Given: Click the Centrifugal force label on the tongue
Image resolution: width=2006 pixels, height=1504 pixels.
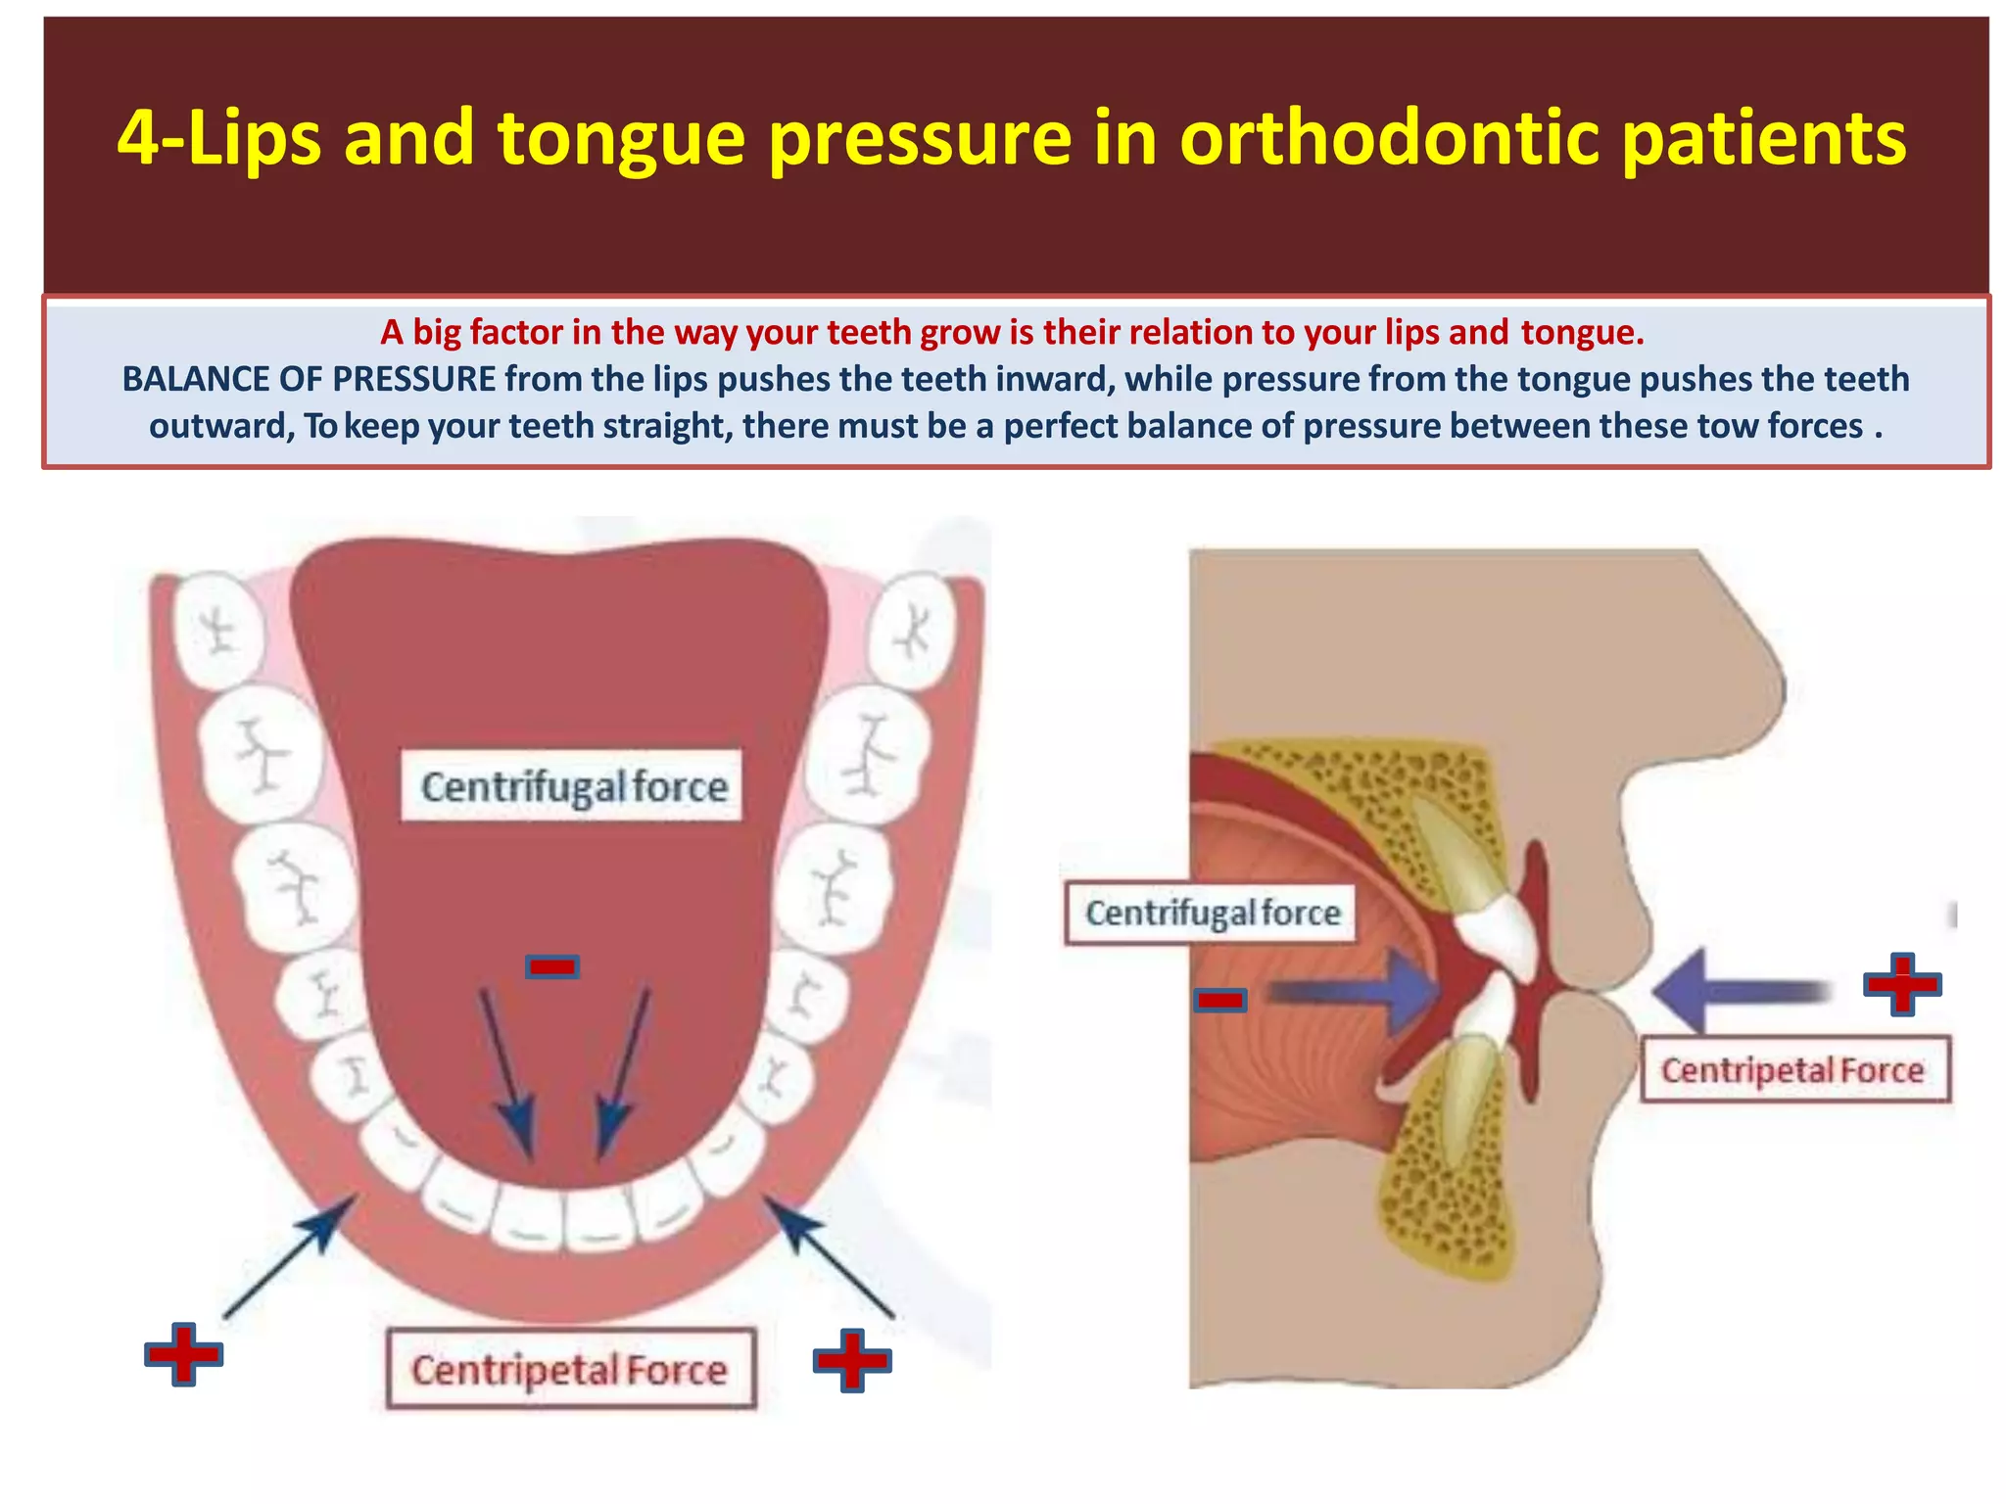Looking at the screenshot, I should (573, 786).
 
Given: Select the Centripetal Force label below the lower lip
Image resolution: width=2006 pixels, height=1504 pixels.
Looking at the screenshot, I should (570, 1370).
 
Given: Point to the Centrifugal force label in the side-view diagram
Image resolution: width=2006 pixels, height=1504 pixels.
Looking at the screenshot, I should (1212, 914).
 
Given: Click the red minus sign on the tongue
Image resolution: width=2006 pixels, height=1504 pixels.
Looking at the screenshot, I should (552, 967).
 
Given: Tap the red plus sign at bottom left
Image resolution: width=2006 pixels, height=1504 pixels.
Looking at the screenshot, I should (183, 1354).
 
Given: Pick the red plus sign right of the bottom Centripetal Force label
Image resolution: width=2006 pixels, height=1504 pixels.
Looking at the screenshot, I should (852, 1360).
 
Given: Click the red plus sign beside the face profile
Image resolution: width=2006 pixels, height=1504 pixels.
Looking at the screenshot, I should (1902, 984).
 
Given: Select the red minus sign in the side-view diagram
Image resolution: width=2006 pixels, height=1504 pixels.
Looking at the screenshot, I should (1219, 1000).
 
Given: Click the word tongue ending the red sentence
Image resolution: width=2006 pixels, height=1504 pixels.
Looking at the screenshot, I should (1580, 333).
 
